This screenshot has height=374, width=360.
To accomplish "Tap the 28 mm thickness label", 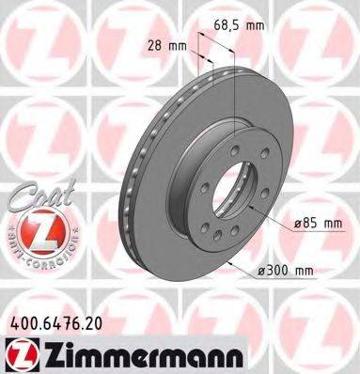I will click(164, 44).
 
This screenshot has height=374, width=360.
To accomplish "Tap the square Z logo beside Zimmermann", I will click(19, 353).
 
